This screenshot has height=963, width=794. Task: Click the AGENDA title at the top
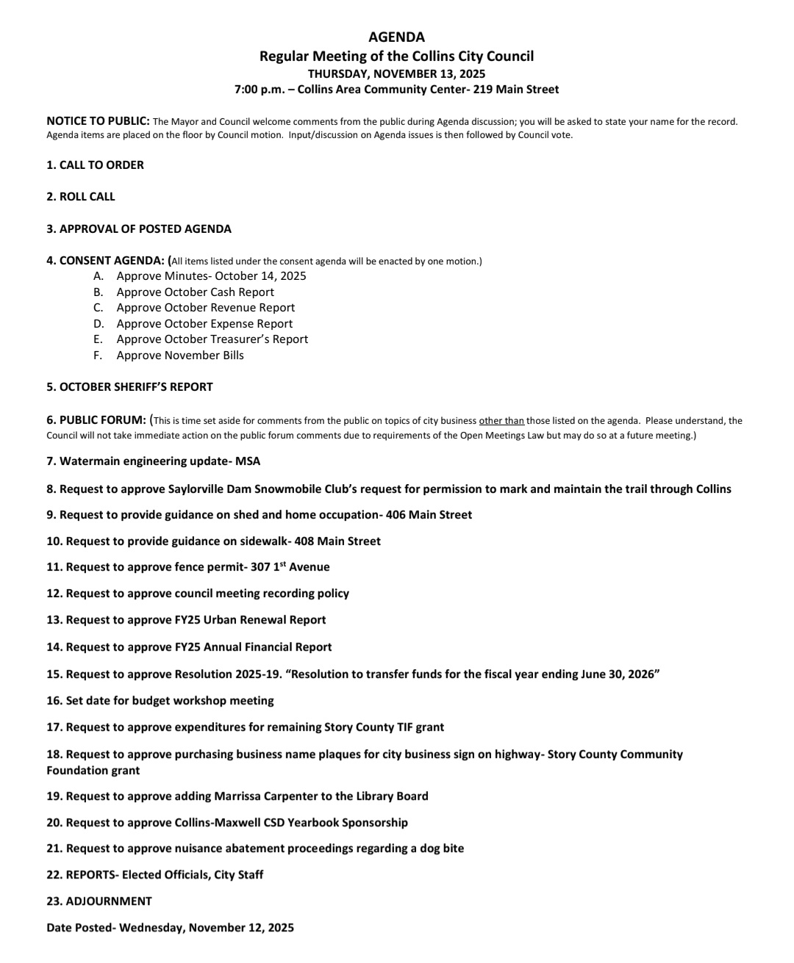pyautogui.click(x=396, y=37)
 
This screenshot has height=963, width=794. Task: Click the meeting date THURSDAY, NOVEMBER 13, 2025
pyautogui.click(x=396, y=73)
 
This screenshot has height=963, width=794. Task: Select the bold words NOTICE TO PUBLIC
pyautogui.click(x=98, y=121)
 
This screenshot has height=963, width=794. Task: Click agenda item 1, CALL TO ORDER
pyautogui.click(x=95, y=165)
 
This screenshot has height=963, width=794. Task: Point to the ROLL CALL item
pyautogui.click(x=81, y=197)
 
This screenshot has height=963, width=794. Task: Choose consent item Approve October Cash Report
pyautogui.click(x=195, y=292)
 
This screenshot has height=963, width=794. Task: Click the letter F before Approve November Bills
pyautogui.click(x=98, y=356)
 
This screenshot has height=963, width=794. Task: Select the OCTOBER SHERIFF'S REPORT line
pyautogui.click(x=129, y=387)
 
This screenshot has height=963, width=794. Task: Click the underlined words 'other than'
pyautogui.click(x=501, y=421)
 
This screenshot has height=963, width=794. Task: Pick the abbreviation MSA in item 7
pyautogui.click(x=248, y=461)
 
